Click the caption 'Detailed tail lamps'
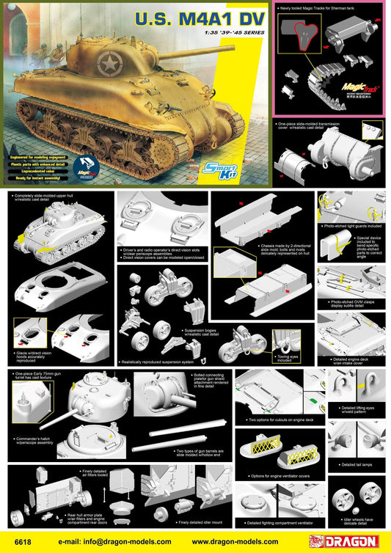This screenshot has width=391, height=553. pyautogui.click(x=357, y=464)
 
